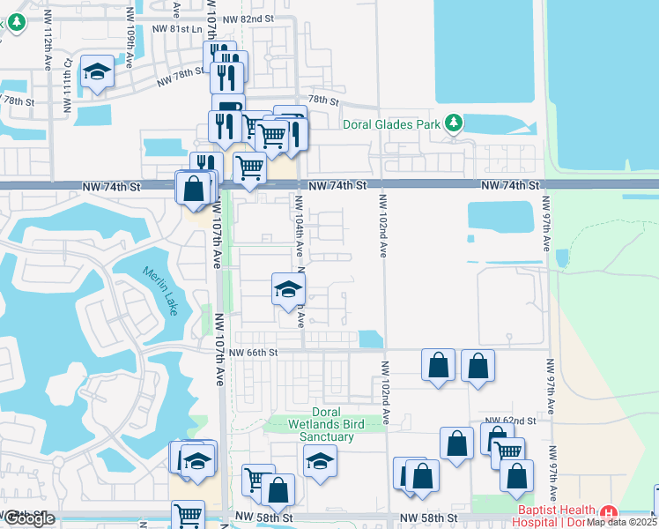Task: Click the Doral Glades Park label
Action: point(390,124)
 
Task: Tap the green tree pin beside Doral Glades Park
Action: point(454,122)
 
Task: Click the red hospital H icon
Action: point(608,513)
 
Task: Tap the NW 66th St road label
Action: point(253,353)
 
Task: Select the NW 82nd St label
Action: point(249,19)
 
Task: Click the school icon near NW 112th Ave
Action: point(96,72)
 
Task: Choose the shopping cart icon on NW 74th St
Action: point(250,166)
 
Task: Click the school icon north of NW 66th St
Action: point(287,289)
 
